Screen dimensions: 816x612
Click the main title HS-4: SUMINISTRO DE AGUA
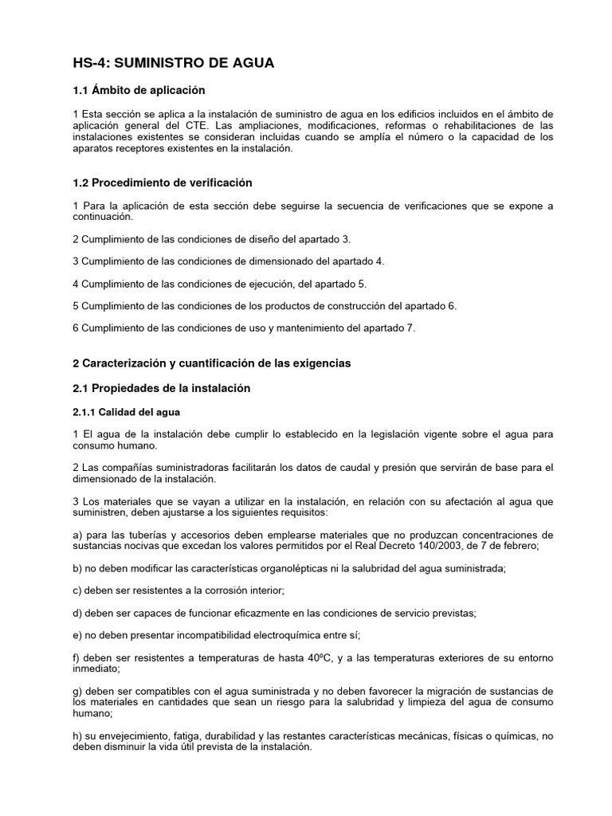pyautogui.click(x=173, y=63)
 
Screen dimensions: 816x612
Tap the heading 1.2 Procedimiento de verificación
pyautogui.click(x=162, y=183)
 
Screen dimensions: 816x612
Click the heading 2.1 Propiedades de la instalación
pyautogui.click(x=161, y=388)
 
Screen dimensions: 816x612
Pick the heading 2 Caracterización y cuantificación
pyautogui.click(x=211, y=363)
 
